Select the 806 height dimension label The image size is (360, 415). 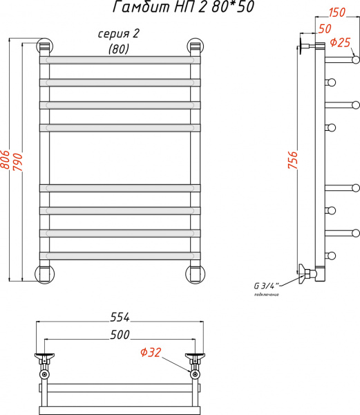pos(6,162)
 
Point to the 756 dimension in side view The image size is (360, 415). pos(293,162)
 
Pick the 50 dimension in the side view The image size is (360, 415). pos(324,29)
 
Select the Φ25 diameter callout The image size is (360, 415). pos(341,42)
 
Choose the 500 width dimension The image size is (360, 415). pos(120,335)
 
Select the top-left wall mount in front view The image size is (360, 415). pos(44,47)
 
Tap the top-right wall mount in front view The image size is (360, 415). pos(195,47)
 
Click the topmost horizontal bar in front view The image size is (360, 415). pos(120,60)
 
